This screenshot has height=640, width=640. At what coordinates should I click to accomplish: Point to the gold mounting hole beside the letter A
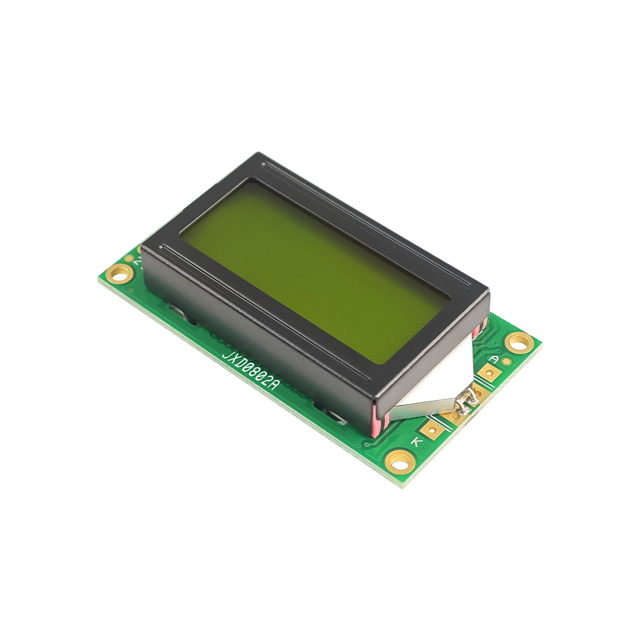pyautogui.click(x=519, y=342)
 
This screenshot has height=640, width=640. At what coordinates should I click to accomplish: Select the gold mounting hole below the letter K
pyautogui.click(x=401, y=460)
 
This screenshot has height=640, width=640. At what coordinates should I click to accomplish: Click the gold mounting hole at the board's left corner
pyautogui.click(x=119, y=272)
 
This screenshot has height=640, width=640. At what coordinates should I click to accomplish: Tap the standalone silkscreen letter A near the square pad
pyautogui.click(x=494, y=360)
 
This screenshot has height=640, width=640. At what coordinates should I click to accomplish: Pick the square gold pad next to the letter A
pyautogui.click(x=488, y=372)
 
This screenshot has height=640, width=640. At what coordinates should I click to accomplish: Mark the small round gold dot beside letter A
pyautogui.click(x=506, y=361)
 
